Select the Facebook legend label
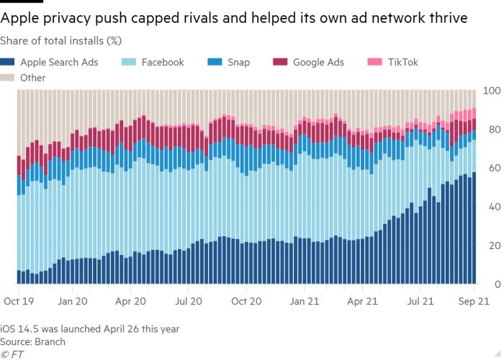(x=162, y=63)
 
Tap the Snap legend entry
(x=238, y=63)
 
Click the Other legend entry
(x=33, y=77)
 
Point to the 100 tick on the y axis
(x=490, y=91)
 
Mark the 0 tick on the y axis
(x=495, y=284)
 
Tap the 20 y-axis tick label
(x=492, y=246)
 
